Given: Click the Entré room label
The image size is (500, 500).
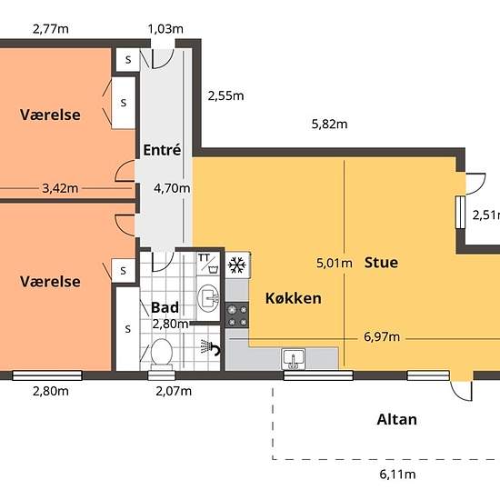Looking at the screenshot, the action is [162, 150].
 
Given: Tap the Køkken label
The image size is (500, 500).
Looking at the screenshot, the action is [294, 298].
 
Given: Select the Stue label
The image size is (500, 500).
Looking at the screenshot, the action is [381, 263].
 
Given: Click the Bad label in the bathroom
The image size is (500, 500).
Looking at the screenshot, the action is [165, 307].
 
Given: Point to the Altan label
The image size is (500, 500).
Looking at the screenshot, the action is [396, 419].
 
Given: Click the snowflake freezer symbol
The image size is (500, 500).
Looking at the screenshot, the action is [237, 265].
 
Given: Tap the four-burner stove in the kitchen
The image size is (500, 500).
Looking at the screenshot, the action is [237, 315].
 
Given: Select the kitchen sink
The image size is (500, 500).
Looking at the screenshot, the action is [294, 359].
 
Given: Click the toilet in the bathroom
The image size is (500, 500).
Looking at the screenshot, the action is [162, 354].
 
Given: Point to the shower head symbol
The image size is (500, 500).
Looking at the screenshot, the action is [210, 347].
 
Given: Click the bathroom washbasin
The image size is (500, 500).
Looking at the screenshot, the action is [208, 298].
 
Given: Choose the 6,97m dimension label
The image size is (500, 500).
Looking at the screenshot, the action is [382, 336].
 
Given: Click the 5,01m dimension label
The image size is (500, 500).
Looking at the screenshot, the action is [335, 263].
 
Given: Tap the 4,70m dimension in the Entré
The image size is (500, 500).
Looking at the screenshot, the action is [172, 188].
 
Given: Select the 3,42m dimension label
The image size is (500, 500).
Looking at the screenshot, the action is [60, 188].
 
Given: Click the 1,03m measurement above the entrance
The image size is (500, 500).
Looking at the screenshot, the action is [165, 29].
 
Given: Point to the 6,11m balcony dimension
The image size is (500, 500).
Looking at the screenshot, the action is [397, 475].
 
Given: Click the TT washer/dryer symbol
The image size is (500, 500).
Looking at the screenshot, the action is [208, 264].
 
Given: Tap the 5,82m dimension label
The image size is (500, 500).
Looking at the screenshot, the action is [329, 124].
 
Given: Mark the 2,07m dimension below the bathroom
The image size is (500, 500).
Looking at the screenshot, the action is [174, 391].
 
